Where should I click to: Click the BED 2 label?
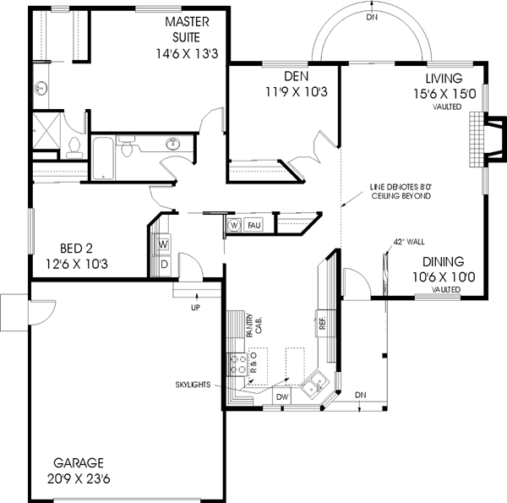[76, 255]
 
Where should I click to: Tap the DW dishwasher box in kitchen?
[282, 396]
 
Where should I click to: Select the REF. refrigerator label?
[322, 320]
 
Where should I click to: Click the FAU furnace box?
[253, 225]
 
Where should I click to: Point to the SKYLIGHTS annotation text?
[194, 384]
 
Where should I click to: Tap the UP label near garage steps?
[195, 306]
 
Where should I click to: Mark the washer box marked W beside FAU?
[234, 225]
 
